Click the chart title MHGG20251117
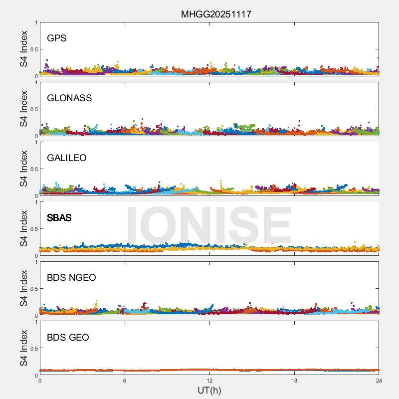tap(216, 14)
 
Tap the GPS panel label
tap(56, 38)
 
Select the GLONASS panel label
tap(69, 98)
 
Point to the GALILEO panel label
tap(67, 158)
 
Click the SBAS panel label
tap(59, 218)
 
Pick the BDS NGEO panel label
tap(71, 278)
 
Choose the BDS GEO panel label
tap(68, 338)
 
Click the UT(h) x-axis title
tap(209, 390)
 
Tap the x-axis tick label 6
tap(125, 381)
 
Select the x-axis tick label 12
tap(209, 381)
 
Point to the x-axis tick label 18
tap(294, 381)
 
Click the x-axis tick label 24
tap(379, 381)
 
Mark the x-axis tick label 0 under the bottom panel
tap(40, 381)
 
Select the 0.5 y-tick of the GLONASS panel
tap(33, 109)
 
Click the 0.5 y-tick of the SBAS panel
tap(33, 229)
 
